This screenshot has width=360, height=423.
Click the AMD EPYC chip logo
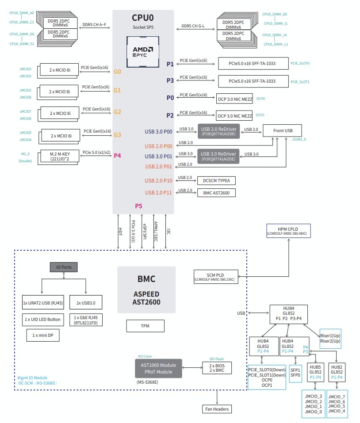[x=143, y=51]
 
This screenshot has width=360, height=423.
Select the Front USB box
[x=282, y=130]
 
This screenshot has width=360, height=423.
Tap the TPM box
[x=145, y=326]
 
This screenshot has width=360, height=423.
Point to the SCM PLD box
[x=215, y=276]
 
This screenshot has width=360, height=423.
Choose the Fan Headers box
[x=217, y=409]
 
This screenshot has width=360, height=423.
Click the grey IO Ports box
[x=63, y=267]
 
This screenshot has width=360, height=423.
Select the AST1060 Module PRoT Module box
[x=158, y=368]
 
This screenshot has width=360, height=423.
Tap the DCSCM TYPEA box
[x=217, y=180]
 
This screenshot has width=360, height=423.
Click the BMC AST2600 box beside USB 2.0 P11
[x=217, y=193]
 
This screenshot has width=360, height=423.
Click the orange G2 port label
[x=117, y=112]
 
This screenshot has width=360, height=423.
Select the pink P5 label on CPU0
[x=139, y=206]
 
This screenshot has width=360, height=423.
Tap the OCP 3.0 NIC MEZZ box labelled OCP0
[x=234, y=99]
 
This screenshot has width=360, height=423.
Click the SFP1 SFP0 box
[x=295, y=372]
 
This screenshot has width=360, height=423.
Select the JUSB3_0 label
[x=299, y=139]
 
